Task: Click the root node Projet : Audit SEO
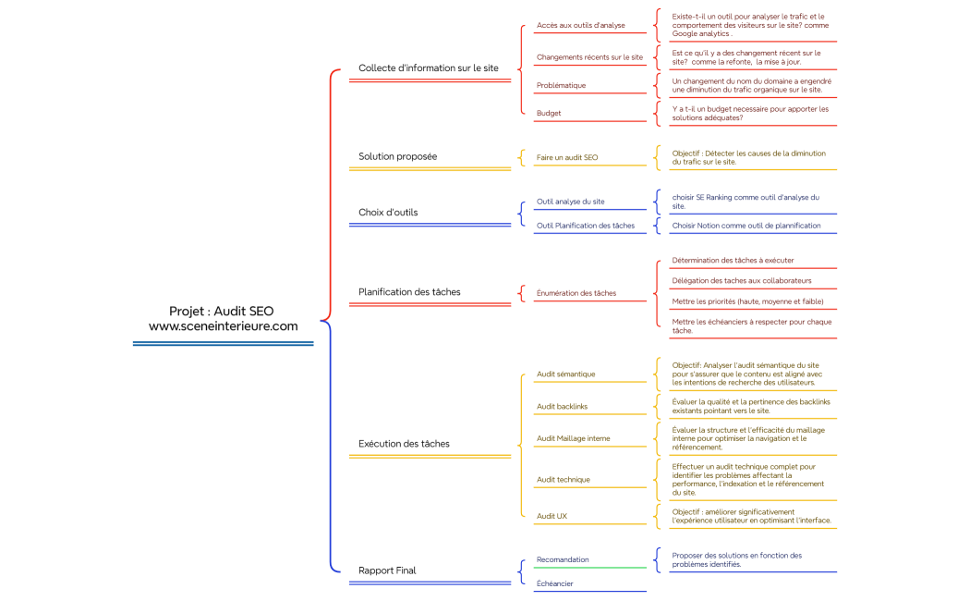(x=223, y=318)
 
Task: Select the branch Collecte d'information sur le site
(x=428, y=68)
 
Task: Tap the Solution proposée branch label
(x=397, y=156)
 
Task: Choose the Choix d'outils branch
(x=388, y=212)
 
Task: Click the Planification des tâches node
(x=409, y=292)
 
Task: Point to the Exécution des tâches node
(x=404, y=444)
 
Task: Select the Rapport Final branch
(x=387, y=570)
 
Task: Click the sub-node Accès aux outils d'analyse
(x=580, y=26)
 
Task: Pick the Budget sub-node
(x=549, y=113)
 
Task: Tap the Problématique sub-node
(x=561, y=85)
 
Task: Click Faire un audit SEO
(x=566, y=157)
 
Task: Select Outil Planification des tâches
(x=585, y=226)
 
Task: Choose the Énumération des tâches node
(x=576, y=293)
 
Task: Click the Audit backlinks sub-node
(x=562, y=407)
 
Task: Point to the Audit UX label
(x=552, y=516)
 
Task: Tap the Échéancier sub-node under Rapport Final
(x=554, y=583)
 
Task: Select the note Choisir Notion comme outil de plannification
(x=746, y=226)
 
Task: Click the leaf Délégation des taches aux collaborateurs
(x=741, y=280)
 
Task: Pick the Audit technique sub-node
(x=563, y=480)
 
